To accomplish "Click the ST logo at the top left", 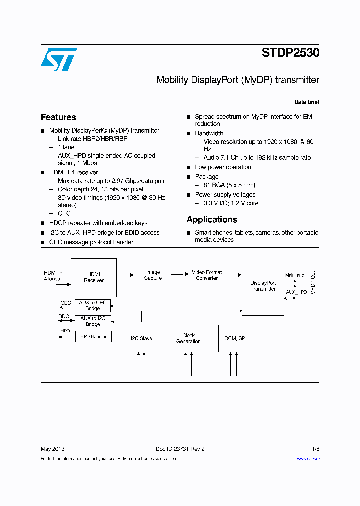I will click(x=59, y=59).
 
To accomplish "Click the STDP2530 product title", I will click(x=290, y=53).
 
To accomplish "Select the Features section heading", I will click(x=58, y=117).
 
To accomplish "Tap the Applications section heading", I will click(x=212, y=220).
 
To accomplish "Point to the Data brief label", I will click(x=306, y=102).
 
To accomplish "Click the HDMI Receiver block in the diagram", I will click(x=94, y=277).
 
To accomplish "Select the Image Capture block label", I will click(x=153, y=275).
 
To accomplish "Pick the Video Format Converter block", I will click(x=207, y=275).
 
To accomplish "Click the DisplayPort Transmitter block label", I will click(x=263, y=286).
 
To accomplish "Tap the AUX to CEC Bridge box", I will click(x=93, y=305).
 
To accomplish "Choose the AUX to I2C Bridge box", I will click(x=93, y=321).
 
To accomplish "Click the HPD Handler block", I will click(x=93, y=337).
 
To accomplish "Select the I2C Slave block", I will click(x=141, y=339).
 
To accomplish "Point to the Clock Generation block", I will click(x=188, y=339).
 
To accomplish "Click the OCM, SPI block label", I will click(x=235, y=339).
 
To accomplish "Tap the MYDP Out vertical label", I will click(x=314, y=283).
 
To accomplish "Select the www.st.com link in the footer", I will click(x=308, y=459).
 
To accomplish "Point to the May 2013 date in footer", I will click(x=52, y=449).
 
